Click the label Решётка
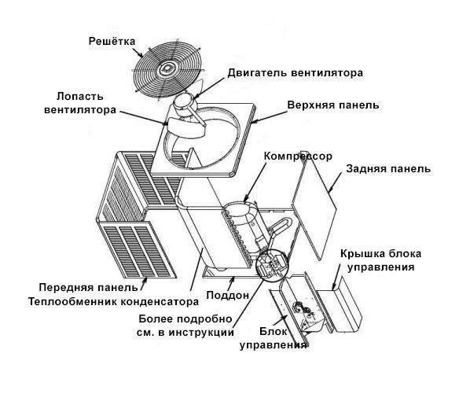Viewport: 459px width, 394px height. click(112, 41)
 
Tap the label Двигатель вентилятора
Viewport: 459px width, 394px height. click(296, 72)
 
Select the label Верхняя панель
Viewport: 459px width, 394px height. click(333, 105)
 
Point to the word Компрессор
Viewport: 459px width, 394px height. click(298, 156)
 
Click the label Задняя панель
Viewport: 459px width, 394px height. click(388, 169)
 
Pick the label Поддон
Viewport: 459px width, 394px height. click(228, 295)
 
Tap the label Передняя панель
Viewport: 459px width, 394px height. click(88, 287)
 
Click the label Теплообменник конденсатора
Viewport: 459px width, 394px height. click(114, 301)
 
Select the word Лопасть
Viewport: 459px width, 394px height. click(80, 96)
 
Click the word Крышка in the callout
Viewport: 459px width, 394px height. click(362, 254)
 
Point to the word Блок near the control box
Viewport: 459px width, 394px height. click(273, 331)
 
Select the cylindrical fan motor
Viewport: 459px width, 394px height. click(184, 103)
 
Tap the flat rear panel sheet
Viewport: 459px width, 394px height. click(314, 210)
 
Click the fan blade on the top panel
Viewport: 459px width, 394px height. click(185, 127)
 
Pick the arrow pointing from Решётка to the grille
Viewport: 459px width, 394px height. click(138, 53)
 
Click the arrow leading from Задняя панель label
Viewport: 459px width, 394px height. click(335, 182)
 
